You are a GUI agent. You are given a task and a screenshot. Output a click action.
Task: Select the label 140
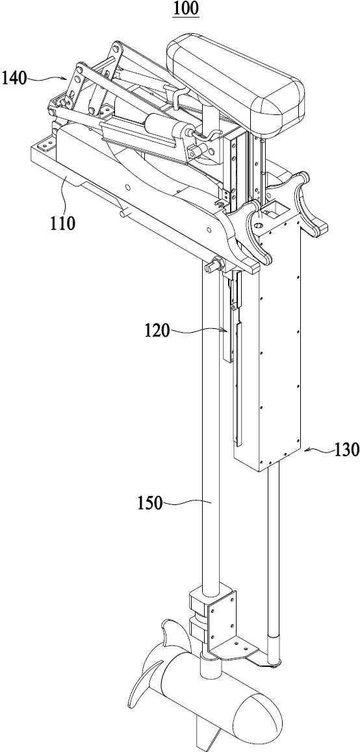click(x=15, y=78)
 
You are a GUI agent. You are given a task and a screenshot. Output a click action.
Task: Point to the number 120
click(x=158, y=331)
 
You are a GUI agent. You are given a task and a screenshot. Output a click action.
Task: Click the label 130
click(x=346, y=449)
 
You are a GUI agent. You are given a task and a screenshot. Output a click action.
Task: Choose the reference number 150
click(x=150, y=504)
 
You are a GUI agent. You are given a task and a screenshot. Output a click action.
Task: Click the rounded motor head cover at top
click(x=235, y=81)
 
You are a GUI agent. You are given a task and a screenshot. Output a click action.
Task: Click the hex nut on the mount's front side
click(x=214, y=265)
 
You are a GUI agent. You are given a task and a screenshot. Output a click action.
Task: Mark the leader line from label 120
click(x=198, y=330)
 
